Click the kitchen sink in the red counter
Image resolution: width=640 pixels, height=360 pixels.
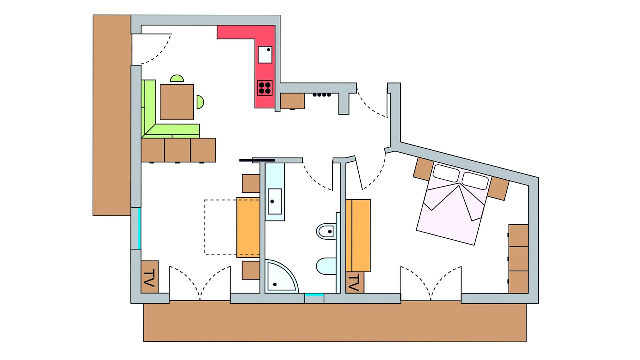point(265,55)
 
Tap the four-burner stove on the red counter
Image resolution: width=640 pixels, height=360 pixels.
point(265,88)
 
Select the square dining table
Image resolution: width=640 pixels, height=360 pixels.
point(177,102)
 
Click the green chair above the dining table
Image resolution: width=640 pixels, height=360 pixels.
point(177,79)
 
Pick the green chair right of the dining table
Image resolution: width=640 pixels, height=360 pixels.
point(200,102)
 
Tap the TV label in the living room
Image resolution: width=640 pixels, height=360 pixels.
point(149,277)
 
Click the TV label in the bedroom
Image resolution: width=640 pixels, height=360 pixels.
point(354,282)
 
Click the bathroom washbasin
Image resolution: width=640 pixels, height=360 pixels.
point(275,201)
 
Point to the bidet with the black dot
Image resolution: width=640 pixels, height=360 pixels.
point(326,231)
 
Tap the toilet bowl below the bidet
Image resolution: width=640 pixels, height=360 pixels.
point(326,266)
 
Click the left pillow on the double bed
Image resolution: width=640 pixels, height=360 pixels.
point(446,173)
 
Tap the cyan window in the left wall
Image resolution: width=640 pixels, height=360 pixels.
point(139,228)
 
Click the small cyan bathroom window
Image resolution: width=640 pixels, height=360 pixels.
point(314,295)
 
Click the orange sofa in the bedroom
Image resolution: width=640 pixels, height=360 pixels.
point(358,235)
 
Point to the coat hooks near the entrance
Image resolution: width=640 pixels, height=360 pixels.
point(322,95)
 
